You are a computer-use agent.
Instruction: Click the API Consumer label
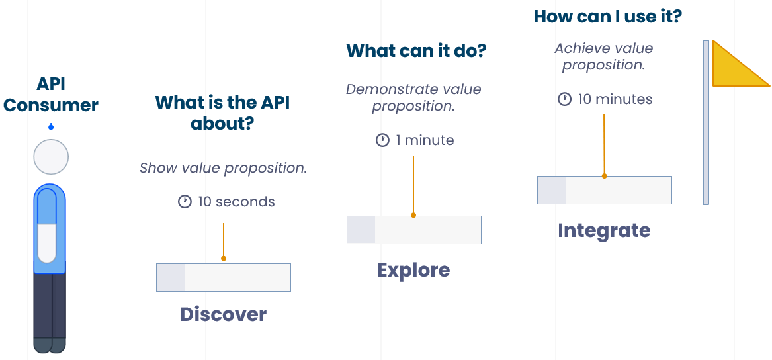tap(50, 95)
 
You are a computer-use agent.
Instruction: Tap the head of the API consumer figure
tap(51, 157)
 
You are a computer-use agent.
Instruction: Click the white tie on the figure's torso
tap(47, 242)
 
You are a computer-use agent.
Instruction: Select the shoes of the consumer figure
tap(50, 345)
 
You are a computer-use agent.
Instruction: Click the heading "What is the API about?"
tap(222, 112)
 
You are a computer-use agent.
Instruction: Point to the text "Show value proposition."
tap(223, 168)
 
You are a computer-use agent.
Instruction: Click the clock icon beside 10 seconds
tap(185, 201)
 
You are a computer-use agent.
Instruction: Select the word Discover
tap(223, 314)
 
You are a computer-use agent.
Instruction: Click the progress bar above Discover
tap(223, 277)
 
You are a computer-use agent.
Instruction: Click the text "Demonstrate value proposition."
tap(413, 97)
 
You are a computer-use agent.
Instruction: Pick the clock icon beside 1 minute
tap(382, 140)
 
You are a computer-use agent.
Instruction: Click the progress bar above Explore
tap(413, 230)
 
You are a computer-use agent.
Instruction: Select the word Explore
tap(413, 270)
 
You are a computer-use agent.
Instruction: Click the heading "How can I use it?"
tap(607, 16)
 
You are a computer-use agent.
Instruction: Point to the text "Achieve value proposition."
tap(603, 57)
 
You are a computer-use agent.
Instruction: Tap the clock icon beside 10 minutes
tap(564, 99)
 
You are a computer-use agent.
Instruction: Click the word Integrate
tap(604, 230)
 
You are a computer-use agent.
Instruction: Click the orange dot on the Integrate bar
tap(604, 176)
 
